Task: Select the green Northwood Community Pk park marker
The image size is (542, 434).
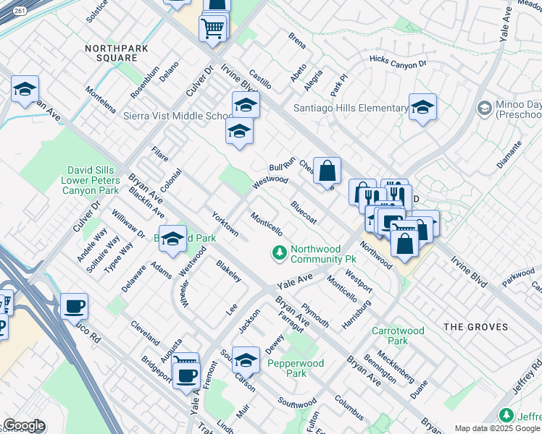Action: click(x=279, y=253)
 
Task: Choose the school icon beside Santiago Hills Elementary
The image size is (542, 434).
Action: click(x=422, y=108)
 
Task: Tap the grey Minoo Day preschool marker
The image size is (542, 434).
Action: click(x=484, y=109)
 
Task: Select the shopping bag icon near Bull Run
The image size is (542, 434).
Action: click(x=328, y=171)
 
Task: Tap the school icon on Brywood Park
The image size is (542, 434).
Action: click(x=172, y=239)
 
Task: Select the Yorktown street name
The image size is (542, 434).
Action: click(x=225, y=224)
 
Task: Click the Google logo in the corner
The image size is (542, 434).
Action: click(x=24, y=425)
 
